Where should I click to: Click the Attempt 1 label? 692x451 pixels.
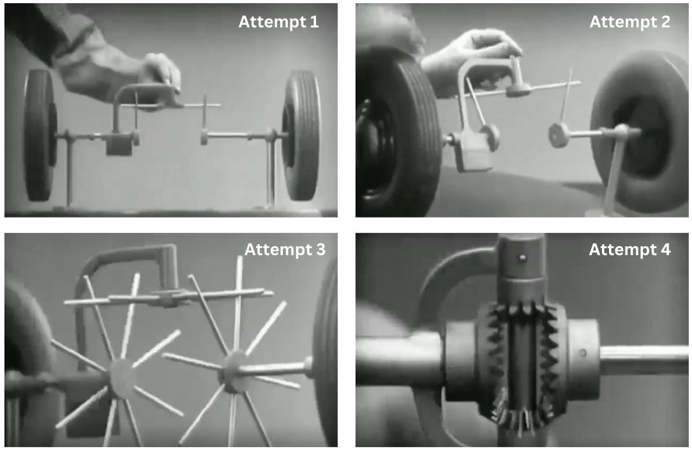(x=278, y=22)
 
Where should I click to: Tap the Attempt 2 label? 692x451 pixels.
(x=630, y=22)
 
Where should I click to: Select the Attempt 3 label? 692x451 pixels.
(x=285, y=249)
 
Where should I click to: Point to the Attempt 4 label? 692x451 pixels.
(x=630, y=249)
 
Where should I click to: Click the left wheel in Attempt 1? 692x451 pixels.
(x=40, y=135)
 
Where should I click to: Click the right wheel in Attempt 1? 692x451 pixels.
(x=301, y=135)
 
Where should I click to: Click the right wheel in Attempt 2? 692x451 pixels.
(x=640, y=132)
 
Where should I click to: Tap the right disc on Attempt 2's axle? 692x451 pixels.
(x=559, y=135)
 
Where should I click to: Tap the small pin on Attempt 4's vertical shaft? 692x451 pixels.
(x=523, y=258)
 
